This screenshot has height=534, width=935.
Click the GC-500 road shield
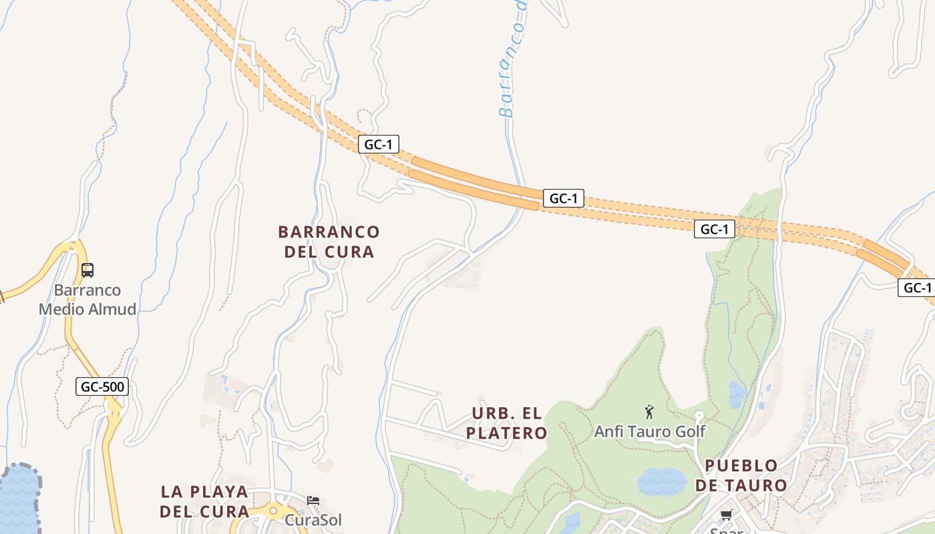coord(102,386)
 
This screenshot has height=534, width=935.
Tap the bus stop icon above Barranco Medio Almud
coord(87,270)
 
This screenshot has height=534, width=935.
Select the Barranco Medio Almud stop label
coord(87,300)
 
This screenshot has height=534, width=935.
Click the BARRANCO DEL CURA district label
coord(329,242)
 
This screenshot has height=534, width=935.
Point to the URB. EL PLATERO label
coord(507,423)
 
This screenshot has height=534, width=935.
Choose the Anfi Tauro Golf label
coord(650,431)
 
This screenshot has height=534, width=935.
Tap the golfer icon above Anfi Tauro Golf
coord(649,412)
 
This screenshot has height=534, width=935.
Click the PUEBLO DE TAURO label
coord(741,475)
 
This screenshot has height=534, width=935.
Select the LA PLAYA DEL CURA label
coord(204,501)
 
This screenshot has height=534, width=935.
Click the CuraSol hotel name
coord(313,519)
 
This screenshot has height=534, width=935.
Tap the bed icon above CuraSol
coord(313,500)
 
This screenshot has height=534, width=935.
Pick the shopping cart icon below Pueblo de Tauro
coord(727,515)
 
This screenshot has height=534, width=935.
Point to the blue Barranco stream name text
coord(514,60)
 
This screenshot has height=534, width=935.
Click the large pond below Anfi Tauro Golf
coord(661,481)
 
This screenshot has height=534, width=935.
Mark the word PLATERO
coord(507,433)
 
